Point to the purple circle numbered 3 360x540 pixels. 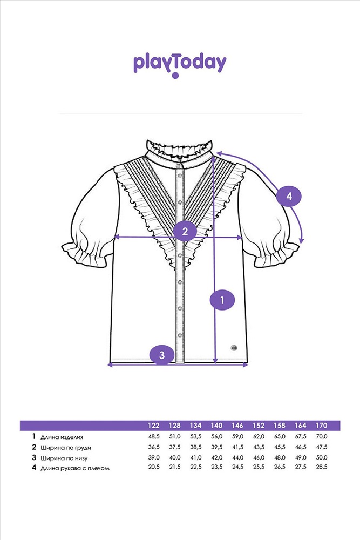click(x=162, y=355)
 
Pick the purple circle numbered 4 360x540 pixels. click(x=289, y=197)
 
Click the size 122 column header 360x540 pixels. click(x=154, y=425)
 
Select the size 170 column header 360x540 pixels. click(x=321, y=425)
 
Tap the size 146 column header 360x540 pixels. click(x=237, y=425)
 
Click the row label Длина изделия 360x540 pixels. click(x=62, y=437)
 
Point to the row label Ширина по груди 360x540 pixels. click(x=64, y=447)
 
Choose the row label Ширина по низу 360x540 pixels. click(x=63, y=457)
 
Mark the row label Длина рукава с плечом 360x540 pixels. click(x=75, y=468)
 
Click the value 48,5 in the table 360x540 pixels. click(x=154, y=437)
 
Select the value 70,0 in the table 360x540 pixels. click(x=321, y=437)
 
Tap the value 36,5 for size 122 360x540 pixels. click(x=154, y=447)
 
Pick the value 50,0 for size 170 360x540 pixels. click(x=321, y=457)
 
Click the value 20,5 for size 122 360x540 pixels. click(x=154, y=468)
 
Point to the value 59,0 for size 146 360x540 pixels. click(x=237, y=437)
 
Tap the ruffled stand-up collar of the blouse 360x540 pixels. click(x=180, y=148)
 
